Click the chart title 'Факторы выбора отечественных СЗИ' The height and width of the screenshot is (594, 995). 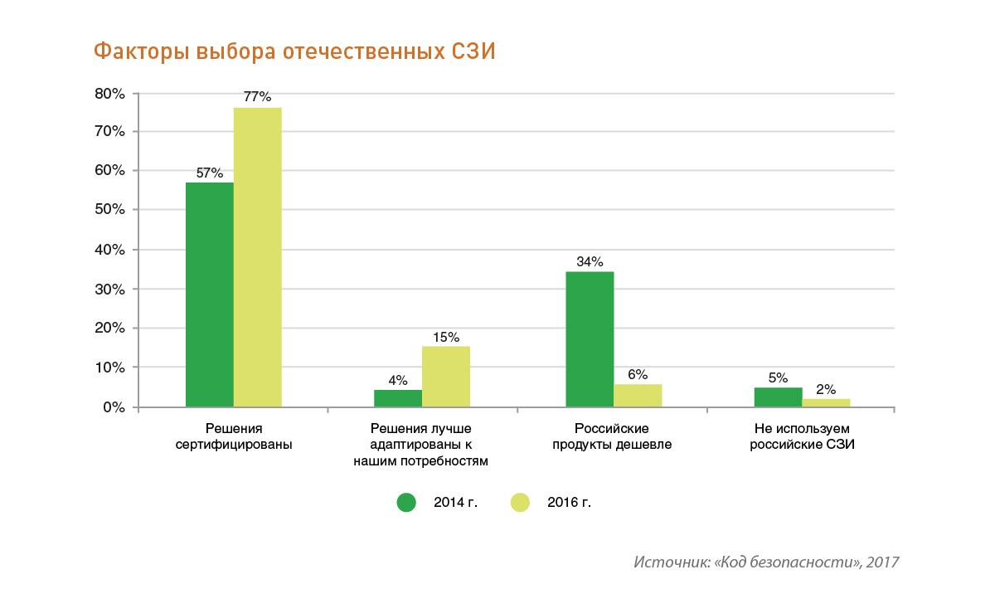[x=294, y=52]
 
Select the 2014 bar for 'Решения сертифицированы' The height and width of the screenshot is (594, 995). [x=210, y=295]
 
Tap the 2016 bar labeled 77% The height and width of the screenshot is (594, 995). [x=258, y=257]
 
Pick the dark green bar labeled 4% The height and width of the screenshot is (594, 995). [x=398, y=398]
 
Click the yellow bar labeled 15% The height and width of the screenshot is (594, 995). [x=446, y=377]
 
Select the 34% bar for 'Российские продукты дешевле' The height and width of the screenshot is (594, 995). [x=590, y=339]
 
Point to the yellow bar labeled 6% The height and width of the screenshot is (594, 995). [x=638, y=396]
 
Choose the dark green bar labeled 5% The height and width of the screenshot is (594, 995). [x=778, y=397]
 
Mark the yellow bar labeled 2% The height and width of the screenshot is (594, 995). [x=826, y=403]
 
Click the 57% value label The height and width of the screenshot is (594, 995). [x=209, y=173]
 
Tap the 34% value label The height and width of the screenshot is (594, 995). [x=590, y=262]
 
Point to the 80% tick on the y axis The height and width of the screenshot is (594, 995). [x=109, y=94]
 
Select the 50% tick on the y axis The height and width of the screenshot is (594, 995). [x=109, y=211]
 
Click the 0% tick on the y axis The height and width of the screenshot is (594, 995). [x=114, y=407]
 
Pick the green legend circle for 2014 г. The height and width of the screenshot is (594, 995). [x=406, y=502]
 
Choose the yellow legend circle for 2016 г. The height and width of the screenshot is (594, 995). [x=519, y=502]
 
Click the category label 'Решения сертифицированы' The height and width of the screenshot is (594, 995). [x=234, y=436]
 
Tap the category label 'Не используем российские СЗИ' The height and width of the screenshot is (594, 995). [x=802, y=436]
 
